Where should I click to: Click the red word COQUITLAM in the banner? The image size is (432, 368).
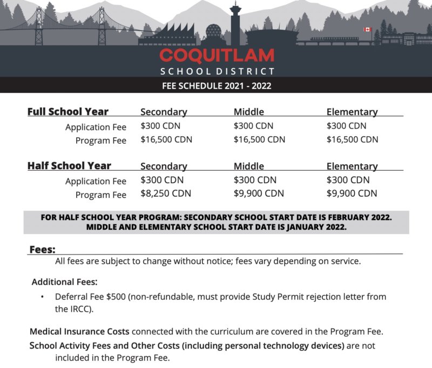coord(217,55)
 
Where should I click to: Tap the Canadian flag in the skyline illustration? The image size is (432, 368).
coord(368,30)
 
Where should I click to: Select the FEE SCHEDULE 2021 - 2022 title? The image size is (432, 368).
coord(217,85)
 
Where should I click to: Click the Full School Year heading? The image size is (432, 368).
coord(68,112)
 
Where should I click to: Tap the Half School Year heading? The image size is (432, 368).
coord(69,166)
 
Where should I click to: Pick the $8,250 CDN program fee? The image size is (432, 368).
coord(166,193)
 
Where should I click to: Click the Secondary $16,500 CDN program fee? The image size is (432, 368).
coord(166,139)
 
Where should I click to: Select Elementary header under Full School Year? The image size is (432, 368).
coord(352,112)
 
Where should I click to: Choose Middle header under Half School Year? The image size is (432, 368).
coord(249,166)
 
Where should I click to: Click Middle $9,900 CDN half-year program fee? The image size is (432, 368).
coord(259,193)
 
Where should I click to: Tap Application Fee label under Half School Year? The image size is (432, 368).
coord(96,181)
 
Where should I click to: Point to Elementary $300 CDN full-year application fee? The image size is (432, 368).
coord(347,126)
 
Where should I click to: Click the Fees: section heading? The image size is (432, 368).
coord(42,249)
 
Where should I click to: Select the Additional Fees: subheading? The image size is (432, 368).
coord(64,282)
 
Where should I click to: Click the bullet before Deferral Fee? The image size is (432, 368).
coord(43,297)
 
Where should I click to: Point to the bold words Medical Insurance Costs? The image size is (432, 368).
coord(79,331)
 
